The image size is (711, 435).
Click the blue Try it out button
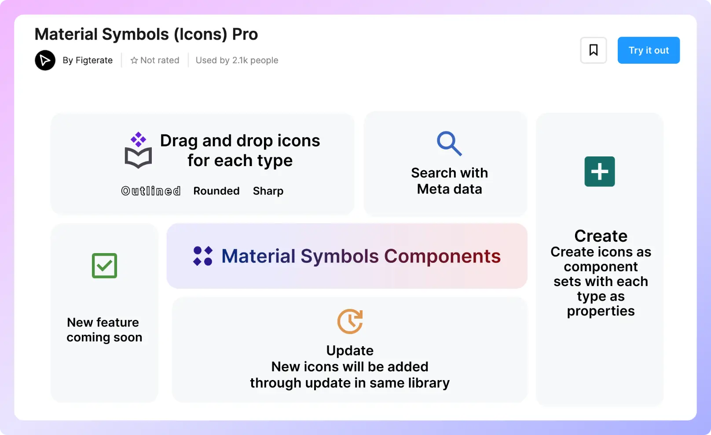click(649, 50)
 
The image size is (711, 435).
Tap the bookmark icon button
click(593, 50)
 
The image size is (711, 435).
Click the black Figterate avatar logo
click(45, 60)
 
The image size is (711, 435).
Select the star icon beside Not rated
click(134, 60)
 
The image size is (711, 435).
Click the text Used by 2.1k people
click(237, 60)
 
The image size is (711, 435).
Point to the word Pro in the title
click(245, 34)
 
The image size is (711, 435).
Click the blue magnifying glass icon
click(449, 143)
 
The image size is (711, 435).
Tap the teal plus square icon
click(600, 171)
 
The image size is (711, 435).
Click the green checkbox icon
click(104, 266)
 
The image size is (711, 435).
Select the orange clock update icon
click(350, 321)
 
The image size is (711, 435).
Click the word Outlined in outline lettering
click(151, 191)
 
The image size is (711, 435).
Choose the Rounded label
click(216, 191)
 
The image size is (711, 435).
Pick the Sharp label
click(268, 191)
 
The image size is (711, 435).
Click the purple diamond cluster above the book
click(139, 139)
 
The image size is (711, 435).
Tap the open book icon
click(139, 158)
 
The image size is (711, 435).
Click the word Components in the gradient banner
click(443, 256)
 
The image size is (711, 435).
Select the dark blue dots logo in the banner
click(203, 256)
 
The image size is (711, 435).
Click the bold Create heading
click(601, 236)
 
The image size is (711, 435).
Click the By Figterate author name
click(88, 60)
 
